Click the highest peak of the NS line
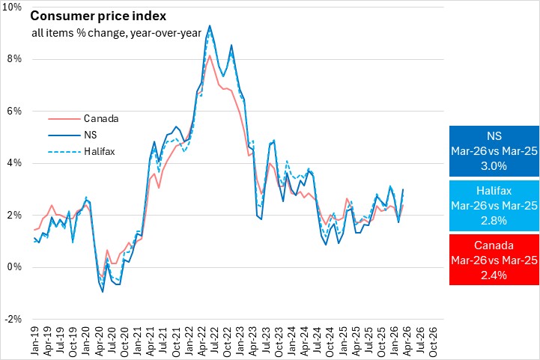pyautogui.click(x=209, y=25)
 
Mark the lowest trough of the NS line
pyautogui.click(x=103, y=292)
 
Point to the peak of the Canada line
pyautogui.click(x=209, y=55)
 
